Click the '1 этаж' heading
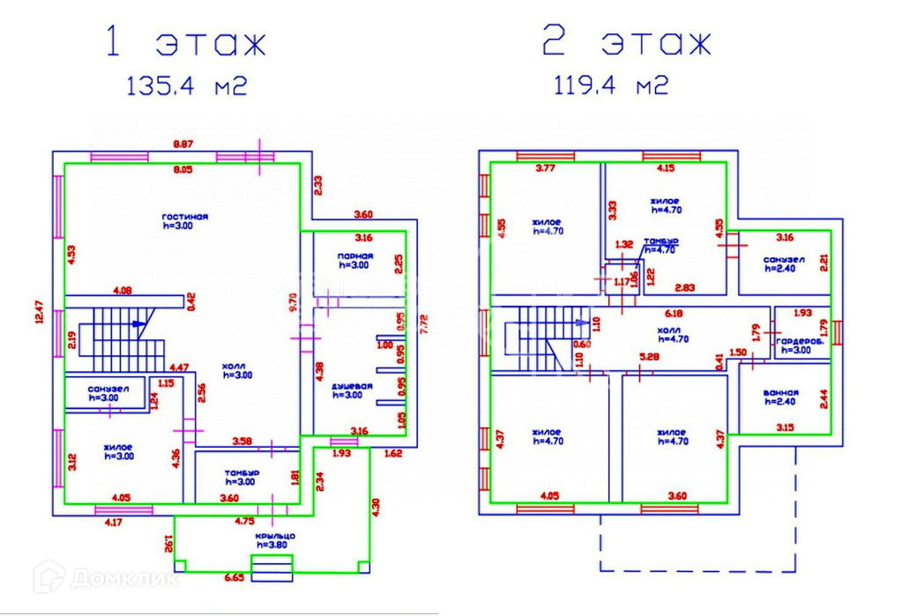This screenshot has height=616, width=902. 184,43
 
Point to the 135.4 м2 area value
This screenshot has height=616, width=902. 185,86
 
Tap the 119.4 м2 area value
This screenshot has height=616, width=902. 610,86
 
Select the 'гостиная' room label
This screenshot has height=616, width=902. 184,216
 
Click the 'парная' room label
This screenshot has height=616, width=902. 354,256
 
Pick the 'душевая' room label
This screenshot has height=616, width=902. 352,386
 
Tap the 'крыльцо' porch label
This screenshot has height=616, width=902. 276,536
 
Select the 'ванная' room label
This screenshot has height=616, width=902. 781,393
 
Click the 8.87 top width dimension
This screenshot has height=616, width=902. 183,144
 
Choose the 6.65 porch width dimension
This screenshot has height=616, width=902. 235,577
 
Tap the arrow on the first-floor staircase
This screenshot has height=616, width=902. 137,323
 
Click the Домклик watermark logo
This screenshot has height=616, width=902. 105,579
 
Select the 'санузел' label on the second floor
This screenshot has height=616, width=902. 783,260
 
